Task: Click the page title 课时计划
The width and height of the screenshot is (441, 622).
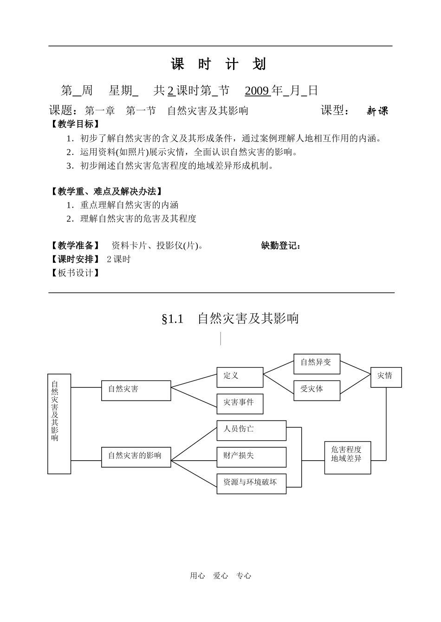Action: [x=218, y=64]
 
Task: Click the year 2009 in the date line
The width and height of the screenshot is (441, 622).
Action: [x=257, y=90]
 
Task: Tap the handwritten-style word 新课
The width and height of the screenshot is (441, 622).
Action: [x=377, y=111]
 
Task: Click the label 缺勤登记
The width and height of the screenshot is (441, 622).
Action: [x=281, y=246]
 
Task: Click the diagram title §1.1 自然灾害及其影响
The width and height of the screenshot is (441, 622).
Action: [x=230, y=319]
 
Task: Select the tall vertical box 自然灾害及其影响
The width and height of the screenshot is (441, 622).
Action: [x=59, y=424]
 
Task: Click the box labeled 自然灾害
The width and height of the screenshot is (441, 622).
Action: [x=136, y=390]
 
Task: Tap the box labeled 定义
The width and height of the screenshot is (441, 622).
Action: [x=240, y=377]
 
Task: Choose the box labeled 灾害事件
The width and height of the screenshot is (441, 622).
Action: [x=240, y=404]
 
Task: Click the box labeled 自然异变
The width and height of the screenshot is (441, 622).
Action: [x=317, y=364]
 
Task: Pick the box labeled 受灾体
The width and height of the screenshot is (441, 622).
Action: [x=317, y=390]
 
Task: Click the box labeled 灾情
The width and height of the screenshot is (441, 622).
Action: [x=385, y=377]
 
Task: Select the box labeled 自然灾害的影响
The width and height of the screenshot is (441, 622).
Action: [x=136, y=457]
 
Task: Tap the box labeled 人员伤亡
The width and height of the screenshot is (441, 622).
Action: [x=251, y=430]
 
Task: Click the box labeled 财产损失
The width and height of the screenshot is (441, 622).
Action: [x=251, y=457]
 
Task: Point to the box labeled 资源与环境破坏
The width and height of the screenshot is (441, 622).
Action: [x=251, y=483]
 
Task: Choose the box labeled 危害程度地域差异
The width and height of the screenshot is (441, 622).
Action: [x=347, y=457]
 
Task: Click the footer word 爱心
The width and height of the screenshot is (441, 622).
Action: [x=220, y=576]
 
